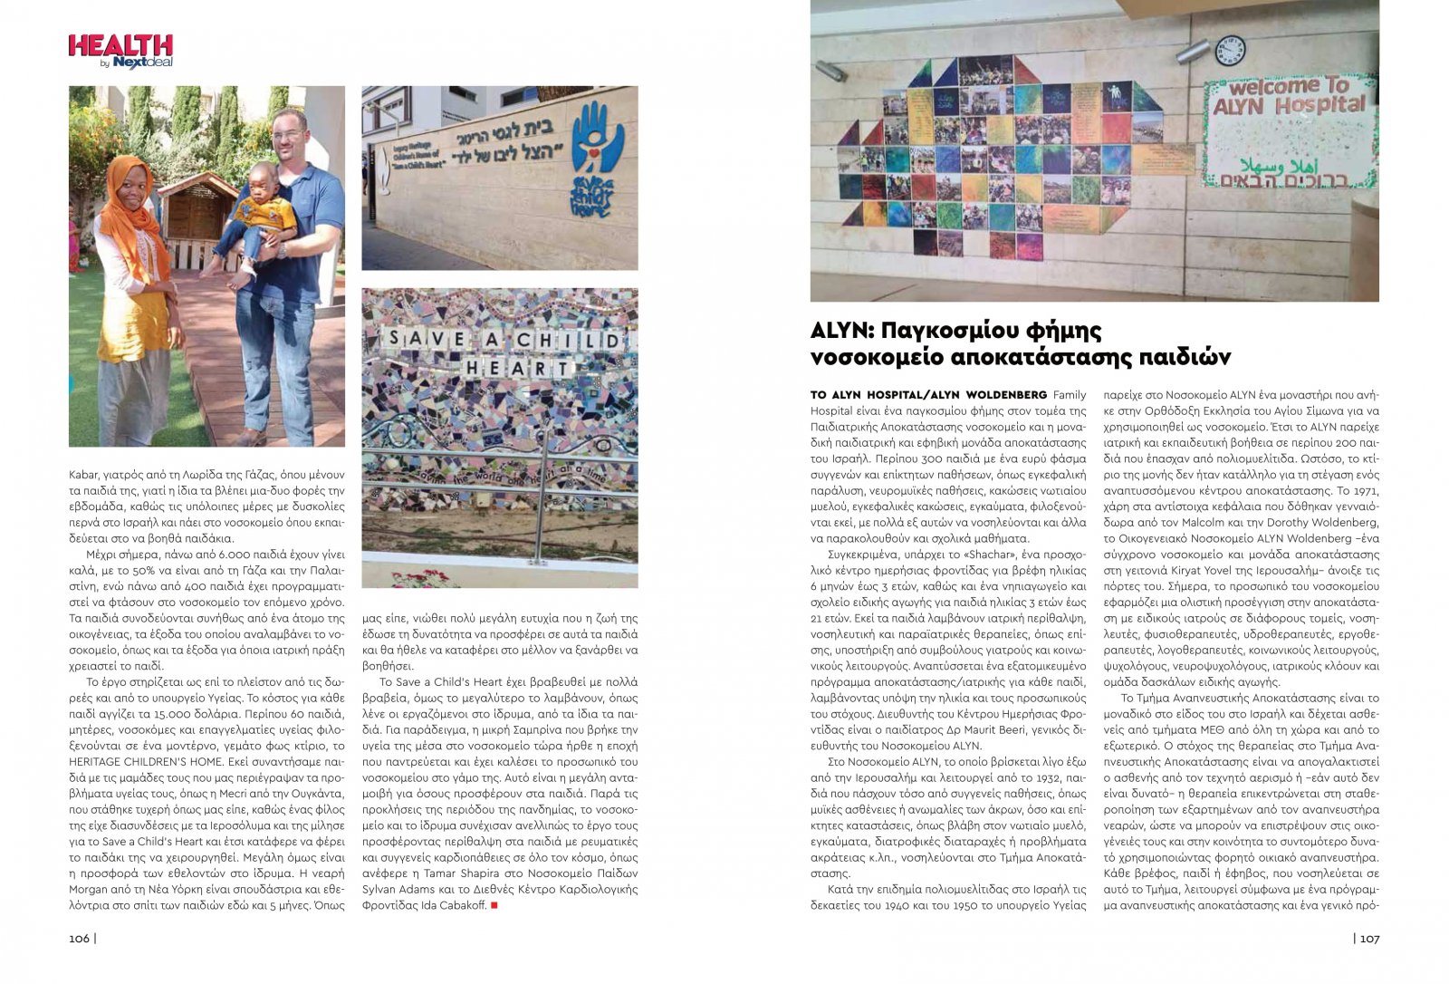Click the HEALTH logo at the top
[x=120, y=51]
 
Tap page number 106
[x=80, y=939]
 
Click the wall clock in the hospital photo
[x=1229, y=51]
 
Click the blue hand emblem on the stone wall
[x=598, y=135]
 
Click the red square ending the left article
[x=494, y=905]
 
